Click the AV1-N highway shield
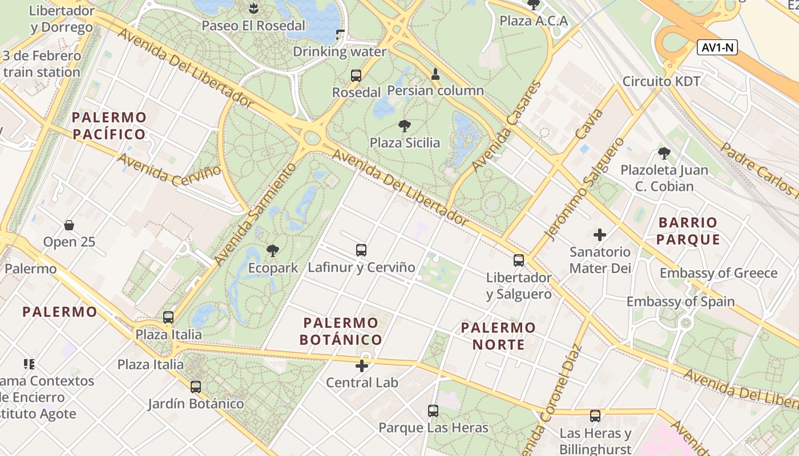tap(717, 48)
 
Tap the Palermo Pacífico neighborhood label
tap(109, 126)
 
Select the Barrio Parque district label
tap(687, 230)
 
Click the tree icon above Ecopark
tap(273, 250)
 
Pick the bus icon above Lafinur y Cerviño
tap(361, 250)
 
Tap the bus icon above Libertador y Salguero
tap(518, 260)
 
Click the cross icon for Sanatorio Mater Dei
tap(600, 234)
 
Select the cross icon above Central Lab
tap(362, 365)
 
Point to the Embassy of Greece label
tap(719, 273)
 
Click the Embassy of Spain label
tap(680, 302)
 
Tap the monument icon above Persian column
tap(435, 74)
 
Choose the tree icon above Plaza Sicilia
tap(405, 126)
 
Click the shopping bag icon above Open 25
tap(69, 225)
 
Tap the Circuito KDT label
tap(661, 81)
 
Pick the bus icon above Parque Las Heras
tap(433, 410)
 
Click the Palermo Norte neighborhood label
tap(498, 336)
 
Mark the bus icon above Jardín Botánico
tap(196, 386)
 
